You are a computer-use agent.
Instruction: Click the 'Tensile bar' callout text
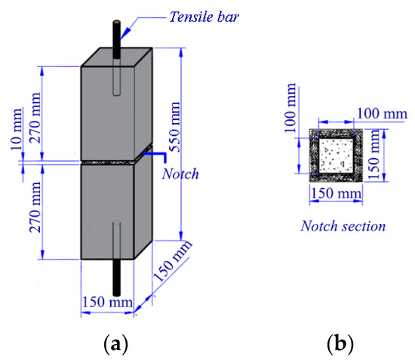204,17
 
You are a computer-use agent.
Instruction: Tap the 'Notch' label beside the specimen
180,174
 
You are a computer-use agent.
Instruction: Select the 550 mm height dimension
175,127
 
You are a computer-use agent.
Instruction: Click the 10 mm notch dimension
17,129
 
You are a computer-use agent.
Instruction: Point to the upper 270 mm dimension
35,118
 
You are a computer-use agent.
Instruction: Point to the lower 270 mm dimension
35,208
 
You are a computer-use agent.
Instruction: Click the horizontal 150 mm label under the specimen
107,302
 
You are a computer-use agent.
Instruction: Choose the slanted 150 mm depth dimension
173,260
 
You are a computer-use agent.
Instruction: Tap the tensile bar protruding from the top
116,39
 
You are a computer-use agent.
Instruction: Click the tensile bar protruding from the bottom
116,278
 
